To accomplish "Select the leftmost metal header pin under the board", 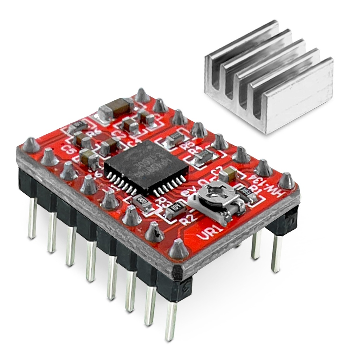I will [x=32, y=218].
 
